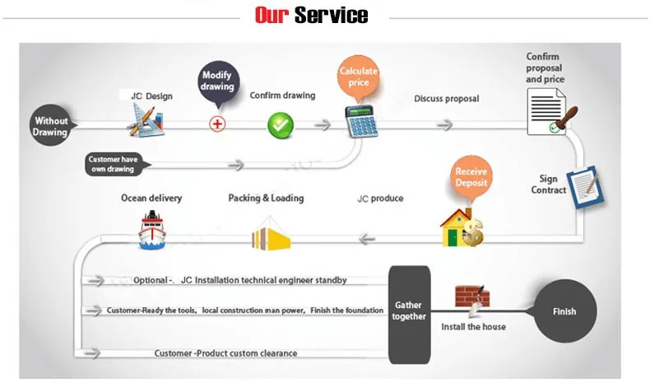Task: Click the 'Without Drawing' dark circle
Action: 49,125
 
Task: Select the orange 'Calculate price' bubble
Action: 358,77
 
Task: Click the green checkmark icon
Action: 281,125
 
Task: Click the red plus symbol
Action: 217,124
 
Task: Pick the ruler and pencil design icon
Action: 146,120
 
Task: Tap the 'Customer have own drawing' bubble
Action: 115,164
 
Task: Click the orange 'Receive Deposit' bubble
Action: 471,179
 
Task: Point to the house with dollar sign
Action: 462,228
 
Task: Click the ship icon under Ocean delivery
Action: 152,231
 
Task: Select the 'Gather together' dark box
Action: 409,315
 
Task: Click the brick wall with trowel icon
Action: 472,300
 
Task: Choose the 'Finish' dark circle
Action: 565,311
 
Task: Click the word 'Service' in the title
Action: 332,16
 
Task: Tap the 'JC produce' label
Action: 380,199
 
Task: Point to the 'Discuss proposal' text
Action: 447,99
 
